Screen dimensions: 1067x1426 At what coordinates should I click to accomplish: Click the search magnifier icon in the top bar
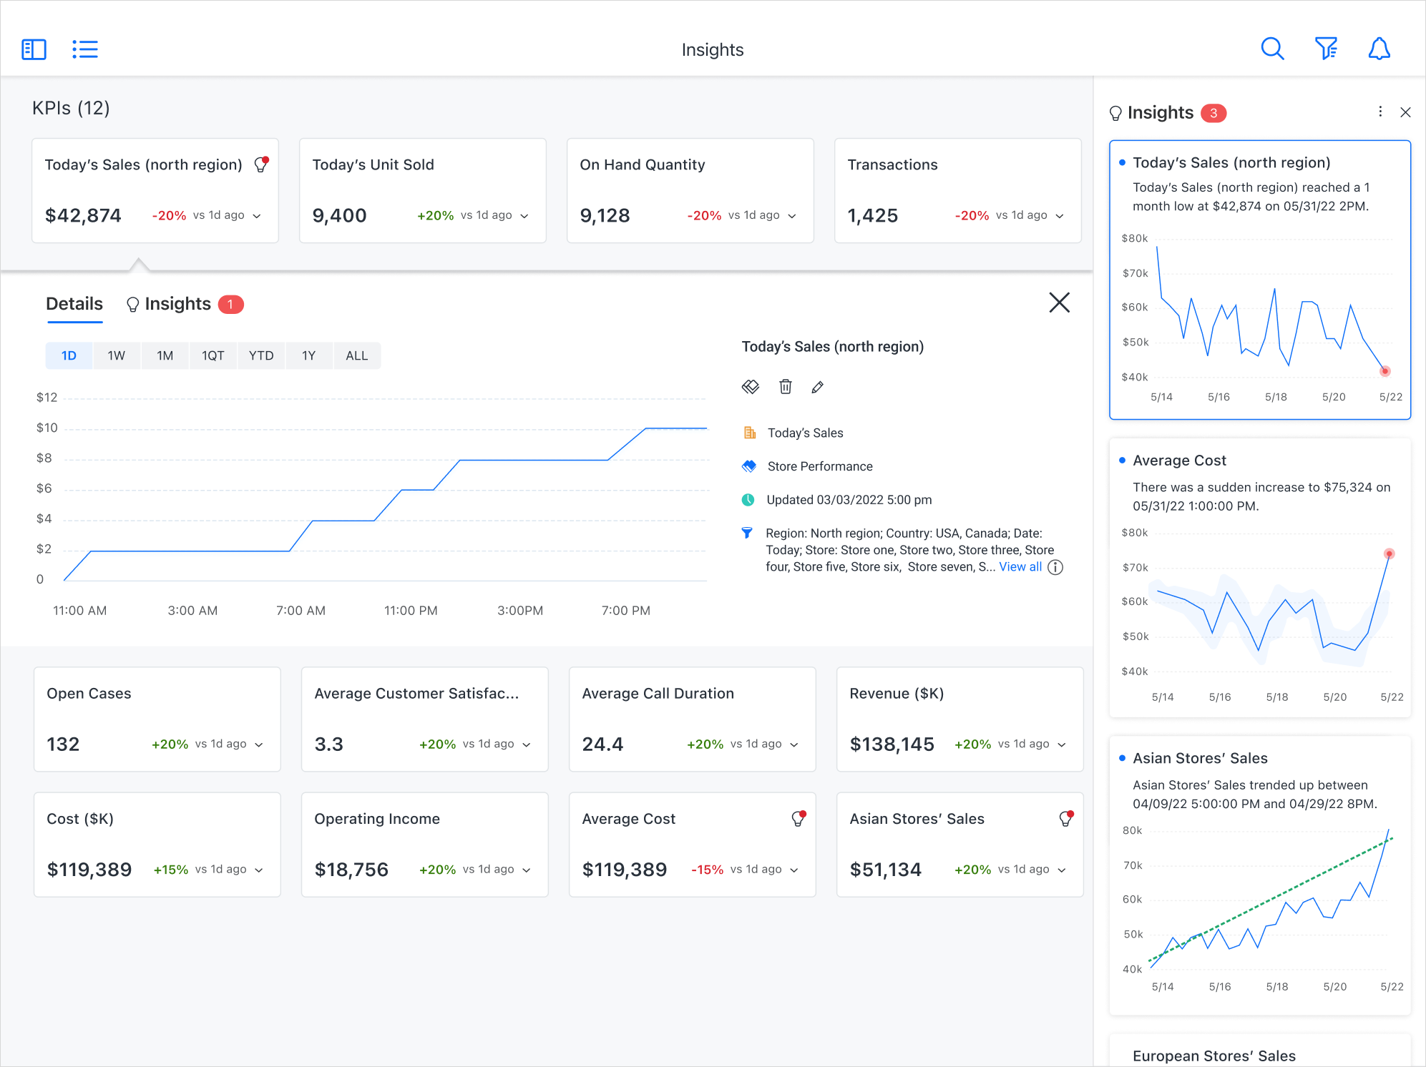click(1271, 49)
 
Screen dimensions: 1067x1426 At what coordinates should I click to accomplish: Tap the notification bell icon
click(1379, 49)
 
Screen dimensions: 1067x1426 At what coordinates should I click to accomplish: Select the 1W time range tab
click(117, 355)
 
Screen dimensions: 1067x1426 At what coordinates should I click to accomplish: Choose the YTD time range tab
click(261, 355)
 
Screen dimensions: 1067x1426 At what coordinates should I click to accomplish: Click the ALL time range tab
click(356, 355)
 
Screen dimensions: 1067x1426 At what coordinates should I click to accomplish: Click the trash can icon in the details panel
click(785, 387)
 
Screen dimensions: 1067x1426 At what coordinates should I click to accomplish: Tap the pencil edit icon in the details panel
click(817, 387)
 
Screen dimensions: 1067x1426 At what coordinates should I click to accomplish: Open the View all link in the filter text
click(1020, 566)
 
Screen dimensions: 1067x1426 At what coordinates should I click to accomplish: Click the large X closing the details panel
click(1059, 303)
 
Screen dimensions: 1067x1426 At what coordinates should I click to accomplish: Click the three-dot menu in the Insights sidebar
click(1380, 112)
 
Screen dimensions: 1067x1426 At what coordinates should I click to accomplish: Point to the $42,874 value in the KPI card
click(83, 215)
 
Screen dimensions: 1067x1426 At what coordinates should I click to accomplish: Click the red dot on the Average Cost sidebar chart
click(1389, 554)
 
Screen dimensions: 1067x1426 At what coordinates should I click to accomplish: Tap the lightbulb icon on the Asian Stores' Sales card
click(1065, 819)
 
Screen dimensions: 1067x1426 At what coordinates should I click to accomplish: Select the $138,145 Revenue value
click(892, 744)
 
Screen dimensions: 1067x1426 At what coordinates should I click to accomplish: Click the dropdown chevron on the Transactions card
click(1060, 216)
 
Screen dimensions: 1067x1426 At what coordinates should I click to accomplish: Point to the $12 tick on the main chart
click(47, 398)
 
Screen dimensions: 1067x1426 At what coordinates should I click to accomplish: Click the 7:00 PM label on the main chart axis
click(625, 611)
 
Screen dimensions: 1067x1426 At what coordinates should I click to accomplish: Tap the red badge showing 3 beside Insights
click(1213, 113)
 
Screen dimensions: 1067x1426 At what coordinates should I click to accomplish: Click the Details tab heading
click(74, 304)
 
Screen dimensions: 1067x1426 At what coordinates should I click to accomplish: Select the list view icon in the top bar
click(85, 49)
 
